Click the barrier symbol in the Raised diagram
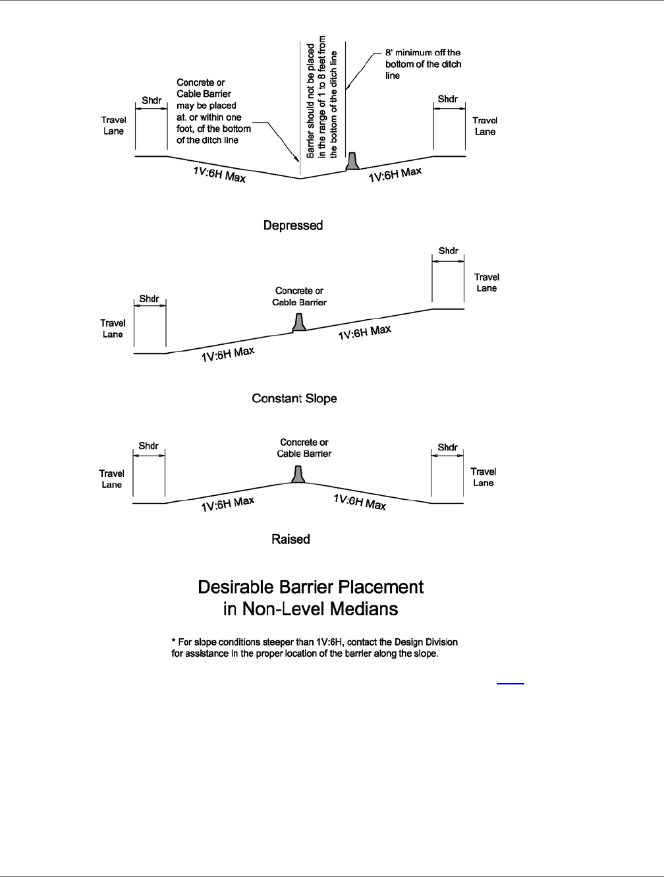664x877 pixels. pos(298,474)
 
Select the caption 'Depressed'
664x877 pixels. pos(293,226)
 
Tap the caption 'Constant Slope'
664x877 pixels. pos(294,399)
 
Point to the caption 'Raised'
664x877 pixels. pos(290,539)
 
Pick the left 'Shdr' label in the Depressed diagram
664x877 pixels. pos(152,101)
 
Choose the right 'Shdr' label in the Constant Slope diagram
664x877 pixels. pos(449,251)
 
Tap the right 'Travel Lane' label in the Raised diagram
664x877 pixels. pos(484,477)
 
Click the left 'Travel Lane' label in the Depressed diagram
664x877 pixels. pos(114,125)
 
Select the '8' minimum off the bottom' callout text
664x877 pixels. pos(424,64)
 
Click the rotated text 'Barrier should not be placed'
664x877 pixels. pos(310,98)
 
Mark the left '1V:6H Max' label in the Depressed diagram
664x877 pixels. pos(219,175)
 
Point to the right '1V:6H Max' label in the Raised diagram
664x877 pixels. pos(360,502)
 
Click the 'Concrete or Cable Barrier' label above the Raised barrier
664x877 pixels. pos(304,448)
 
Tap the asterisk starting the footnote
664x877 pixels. pos(173,642)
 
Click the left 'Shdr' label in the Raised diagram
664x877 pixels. pos(148,446)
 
